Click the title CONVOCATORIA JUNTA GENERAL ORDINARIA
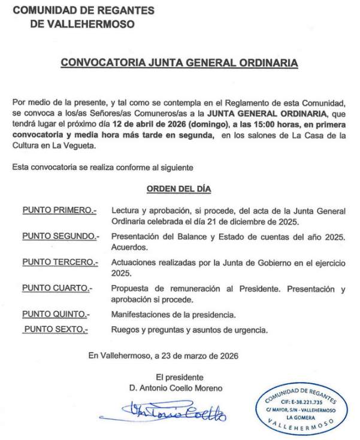(x=179, y=62)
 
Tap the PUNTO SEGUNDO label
(x=59, y=236)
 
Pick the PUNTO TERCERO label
(x=59, y=262)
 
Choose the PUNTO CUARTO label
(x=57, y=289)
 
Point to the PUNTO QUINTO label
(x=56, y=314)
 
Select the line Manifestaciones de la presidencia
(x=174, y=314)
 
